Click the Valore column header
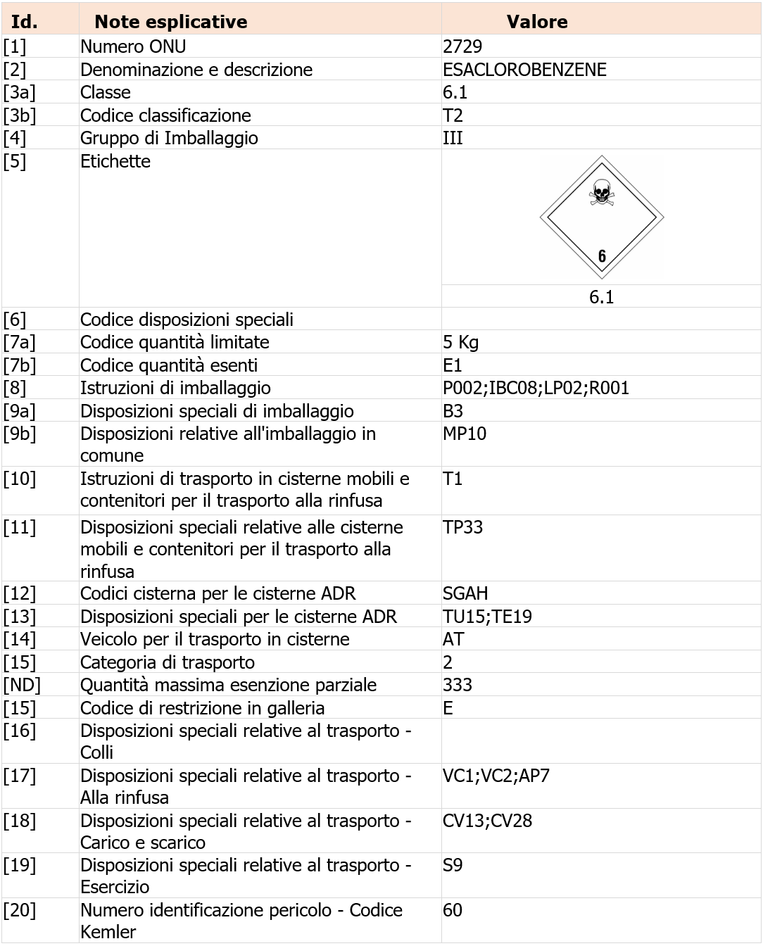(x=536, y=22)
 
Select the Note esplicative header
(x=171, y=22)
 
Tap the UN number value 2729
(x=462, y=46)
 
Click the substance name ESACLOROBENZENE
(x=524, y=70)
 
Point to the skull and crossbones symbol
(x=601, y=192)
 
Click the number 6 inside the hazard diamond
(x=602, y=256)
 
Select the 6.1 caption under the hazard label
(x=601, y=297)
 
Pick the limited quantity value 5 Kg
(x=460, y=343)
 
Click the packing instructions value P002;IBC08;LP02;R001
(x=536, y=388)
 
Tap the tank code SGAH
(x=465, y=593)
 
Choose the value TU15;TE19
(x=487, y=617)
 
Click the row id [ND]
(x=22, y=685)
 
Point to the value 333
(x=458, y=685)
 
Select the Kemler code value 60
(x=453, y=910)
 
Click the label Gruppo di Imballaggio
(x=169, y=138)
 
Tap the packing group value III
(x=453, y=138)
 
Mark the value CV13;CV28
(x=487, y=821)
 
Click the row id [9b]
(x=20, y=434)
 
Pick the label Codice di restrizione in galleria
(x=202, y=708)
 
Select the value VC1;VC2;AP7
(x=496, y=776)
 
